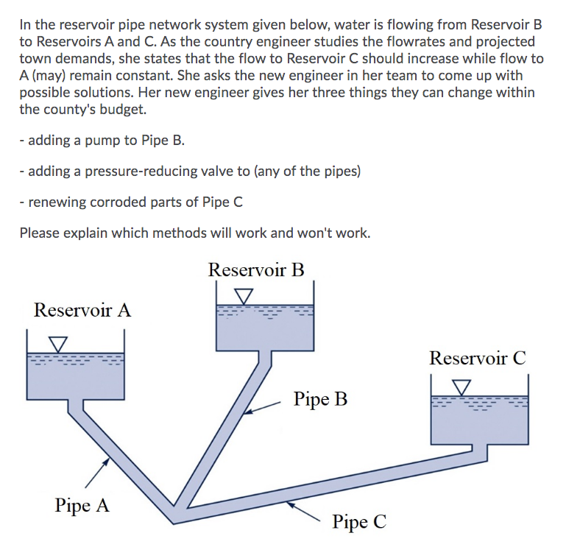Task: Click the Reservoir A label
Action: (82, 310)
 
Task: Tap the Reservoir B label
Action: (255, 269)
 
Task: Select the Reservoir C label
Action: (478, 359)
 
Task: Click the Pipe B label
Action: (320, 400)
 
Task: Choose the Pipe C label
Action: (358, 523)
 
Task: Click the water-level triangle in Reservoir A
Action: (57, 344)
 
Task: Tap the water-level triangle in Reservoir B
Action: (243, 295)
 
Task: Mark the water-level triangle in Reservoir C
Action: (461, 387)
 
